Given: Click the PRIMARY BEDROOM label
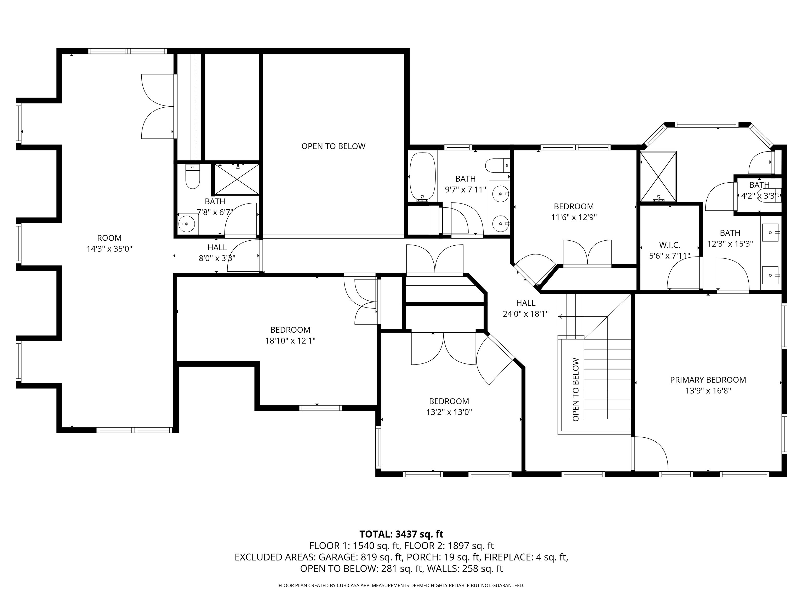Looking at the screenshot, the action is tap(708, 380).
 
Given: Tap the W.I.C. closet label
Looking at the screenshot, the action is tap(669, 245).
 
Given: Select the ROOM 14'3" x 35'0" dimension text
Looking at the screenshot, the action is tap(109, 249).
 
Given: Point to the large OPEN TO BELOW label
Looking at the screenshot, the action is tap(333, 146).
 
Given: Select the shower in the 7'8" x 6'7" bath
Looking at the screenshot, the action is tap(237, 180).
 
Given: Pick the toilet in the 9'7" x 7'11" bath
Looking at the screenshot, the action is tap(498, 165).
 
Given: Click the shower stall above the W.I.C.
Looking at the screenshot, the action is tap(658, 176).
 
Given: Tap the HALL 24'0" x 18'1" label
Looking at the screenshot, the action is tap(526, 308).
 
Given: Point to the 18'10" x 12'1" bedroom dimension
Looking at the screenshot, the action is tap(290, 341).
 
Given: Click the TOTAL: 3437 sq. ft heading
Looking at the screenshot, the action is tap(401, 534).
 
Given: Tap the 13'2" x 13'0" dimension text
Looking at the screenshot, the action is tap(449, 412).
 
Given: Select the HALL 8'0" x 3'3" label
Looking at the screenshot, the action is tap(217, 253).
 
